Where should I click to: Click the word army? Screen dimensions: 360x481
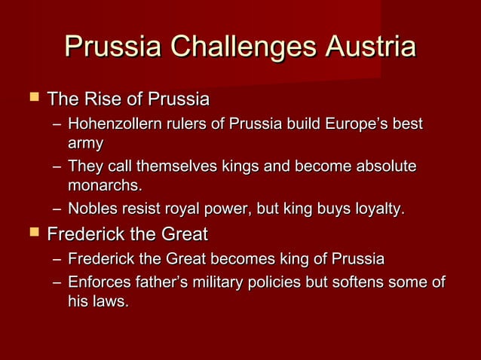point(84,142)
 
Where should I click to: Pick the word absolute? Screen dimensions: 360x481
point(383,166)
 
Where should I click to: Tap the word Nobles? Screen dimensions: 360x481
point(90,208)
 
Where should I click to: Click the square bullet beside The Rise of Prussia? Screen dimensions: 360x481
point(29,99)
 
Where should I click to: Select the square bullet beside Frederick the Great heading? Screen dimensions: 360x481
point(29,233)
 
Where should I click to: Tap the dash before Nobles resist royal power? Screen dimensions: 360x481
point(57,209)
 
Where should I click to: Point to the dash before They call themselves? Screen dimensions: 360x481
point(57,166)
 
